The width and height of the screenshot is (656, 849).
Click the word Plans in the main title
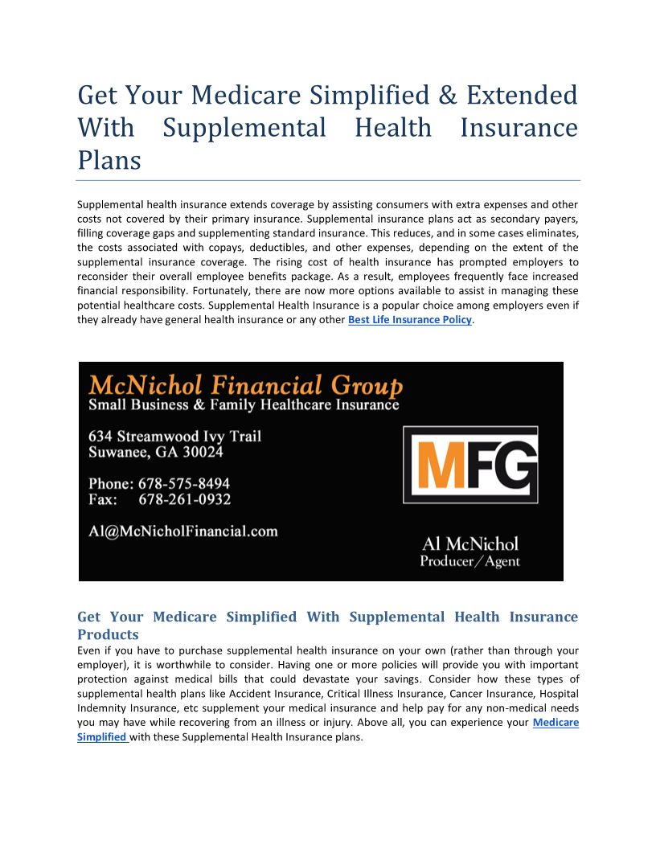tap(109, 160)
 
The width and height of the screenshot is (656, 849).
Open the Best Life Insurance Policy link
tap(409, 320)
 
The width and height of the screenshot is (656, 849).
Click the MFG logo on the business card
tap(470, 465)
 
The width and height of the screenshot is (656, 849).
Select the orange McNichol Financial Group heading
tap(245, 385)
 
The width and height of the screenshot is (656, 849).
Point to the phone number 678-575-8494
tap(184, 484)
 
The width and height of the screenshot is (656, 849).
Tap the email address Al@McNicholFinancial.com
tap(183, 531)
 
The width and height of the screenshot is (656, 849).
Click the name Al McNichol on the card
tap(470, 544)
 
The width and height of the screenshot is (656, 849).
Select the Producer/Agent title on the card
tap(470, 561)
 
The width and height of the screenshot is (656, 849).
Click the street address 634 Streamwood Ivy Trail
tap(174, 437)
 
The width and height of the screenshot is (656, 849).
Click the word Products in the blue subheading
tap(109, 634)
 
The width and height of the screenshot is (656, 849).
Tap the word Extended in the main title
tap(522, 95)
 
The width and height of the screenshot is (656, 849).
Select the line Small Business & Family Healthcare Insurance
tap(244, 404)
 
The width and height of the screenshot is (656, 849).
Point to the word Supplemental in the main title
tap(244, 128)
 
